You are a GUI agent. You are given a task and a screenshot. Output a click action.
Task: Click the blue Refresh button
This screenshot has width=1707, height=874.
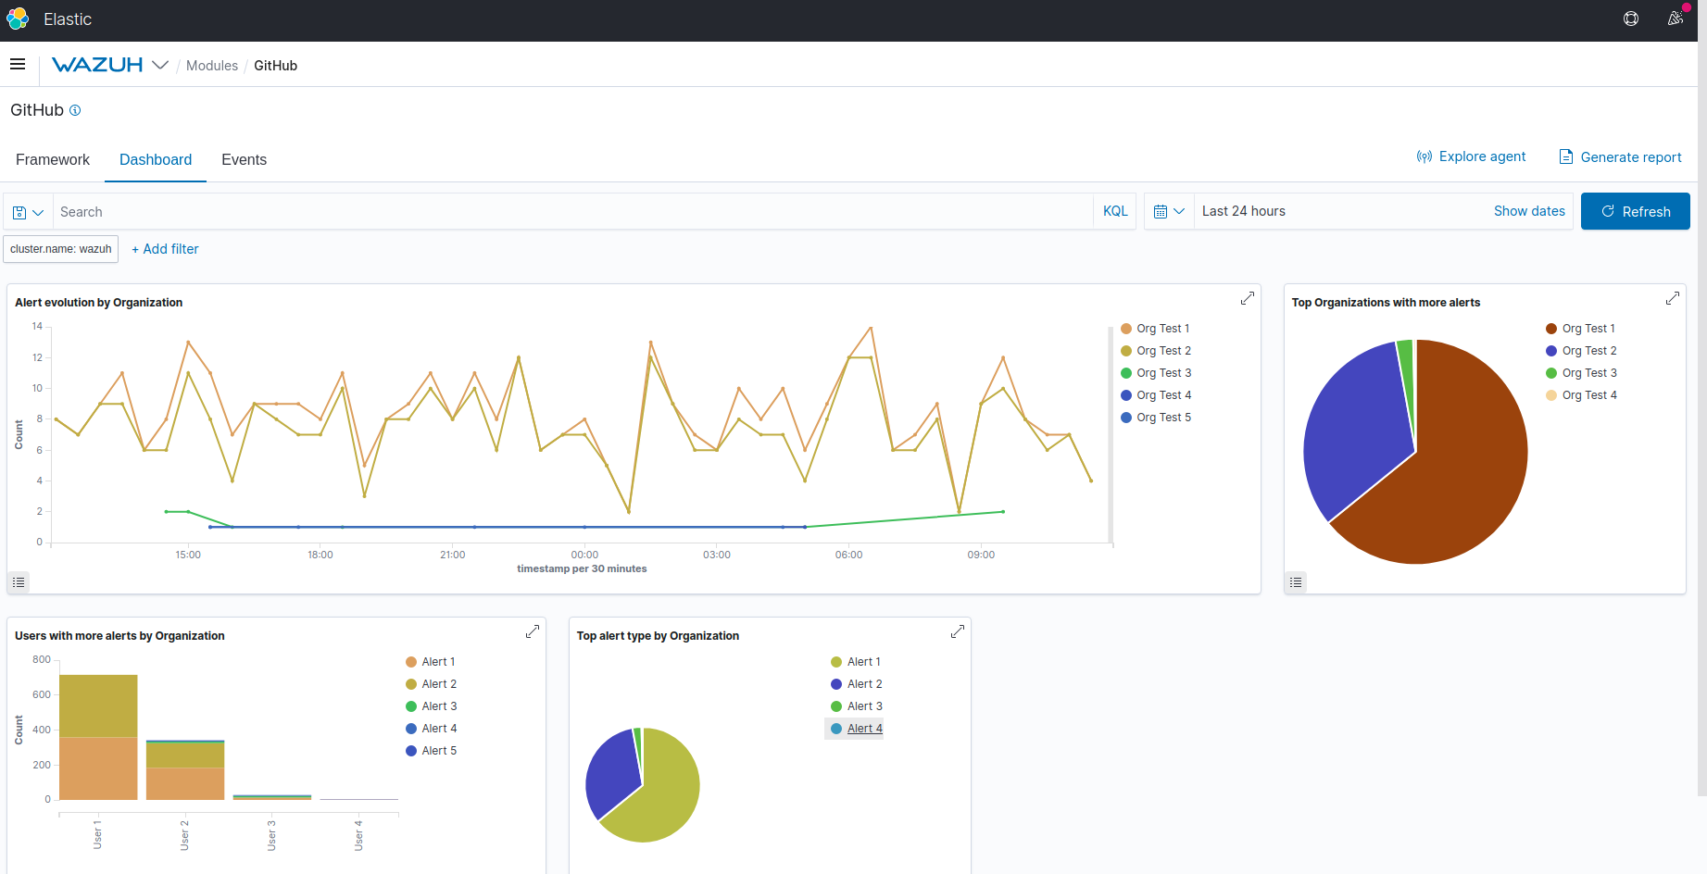click(x=1635, y=211)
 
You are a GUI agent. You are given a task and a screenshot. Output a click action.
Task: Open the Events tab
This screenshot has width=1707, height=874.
click(x=244, y=159)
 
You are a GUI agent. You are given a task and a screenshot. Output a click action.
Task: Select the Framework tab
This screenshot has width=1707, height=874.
click(x=53, y=159)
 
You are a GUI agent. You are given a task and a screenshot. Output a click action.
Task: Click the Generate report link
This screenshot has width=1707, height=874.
click(x=1620, y=157)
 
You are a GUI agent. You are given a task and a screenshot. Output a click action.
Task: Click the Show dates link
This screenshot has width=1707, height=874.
click(x=1529, y=211)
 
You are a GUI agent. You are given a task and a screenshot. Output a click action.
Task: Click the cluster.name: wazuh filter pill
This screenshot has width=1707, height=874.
click(x=61, y=249)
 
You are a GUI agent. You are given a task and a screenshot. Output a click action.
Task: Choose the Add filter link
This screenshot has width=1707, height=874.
click(x=166, y=249)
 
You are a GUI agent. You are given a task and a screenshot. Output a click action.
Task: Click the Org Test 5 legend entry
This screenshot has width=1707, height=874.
click(x=1162, y=418)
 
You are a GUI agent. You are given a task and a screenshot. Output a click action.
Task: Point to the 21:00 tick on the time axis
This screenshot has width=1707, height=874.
click(x=452, y=555)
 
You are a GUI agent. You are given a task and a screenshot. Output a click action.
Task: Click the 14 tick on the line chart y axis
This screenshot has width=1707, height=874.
click(x=37, y=326)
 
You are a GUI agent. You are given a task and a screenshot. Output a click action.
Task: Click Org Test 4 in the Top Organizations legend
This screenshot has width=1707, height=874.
click(x=1588, y=395)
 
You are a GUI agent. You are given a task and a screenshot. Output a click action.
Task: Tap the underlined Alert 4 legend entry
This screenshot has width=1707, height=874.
click(x=864, y=729)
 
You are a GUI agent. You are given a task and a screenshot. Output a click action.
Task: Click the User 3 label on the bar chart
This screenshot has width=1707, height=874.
click(x=271, y=835)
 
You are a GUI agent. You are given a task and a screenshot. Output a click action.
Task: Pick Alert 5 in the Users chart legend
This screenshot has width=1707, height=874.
click(x=438, y=751)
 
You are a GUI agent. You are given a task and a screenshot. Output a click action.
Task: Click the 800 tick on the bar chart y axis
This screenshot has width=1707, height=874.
click(x=42, y=659)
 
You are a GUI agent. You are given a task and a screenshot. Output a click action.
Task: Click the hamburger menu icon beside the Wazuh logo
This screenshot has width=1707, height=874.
click(x=18, y=65)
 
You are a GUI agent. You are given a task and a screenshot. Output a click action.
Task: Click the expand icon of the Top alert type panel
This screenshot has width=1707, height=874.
click(x=958, y=631)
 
